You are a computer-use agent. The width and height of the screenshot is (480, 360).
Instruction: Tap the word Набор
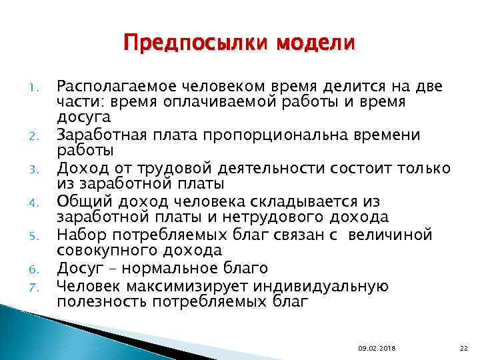click(78, 234)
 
